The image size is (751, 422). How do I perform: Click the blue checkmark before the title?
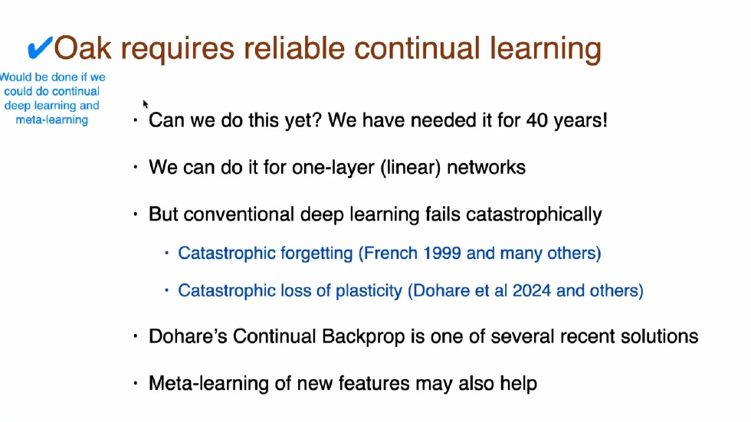pyautogui.click(x=38, y=49)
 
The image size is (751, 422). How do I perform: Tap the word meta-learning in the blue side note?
pyautogui.click(x=52, y=119)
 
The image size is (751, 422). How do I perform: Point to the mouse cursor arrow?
pyautogui.click(x=145, y=103)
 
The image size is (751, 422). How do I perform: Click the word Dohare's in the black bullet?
pyautogui.click(x=185, y=336)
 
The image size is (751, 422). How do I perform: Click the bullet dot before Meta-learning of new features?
pyautogui.click(x=136, y=383)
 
